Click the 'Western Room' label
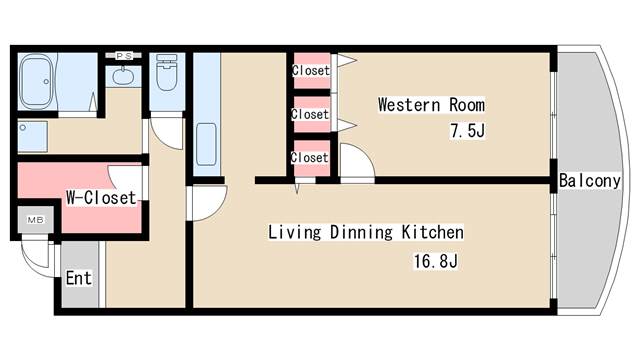click(x=431, y=104)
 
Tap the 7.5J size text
click(x=468, y=131)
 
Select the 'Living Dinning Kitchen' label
click(x=366, y=232)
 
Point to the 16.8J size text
click(x=436, y=261)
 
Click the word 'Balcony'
click(x=589, y=181)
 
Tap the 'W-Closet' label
click(x=101, y=198)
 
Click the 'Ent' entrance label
click(x=79, y=278)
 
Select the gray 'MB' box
click(x=36, y=220)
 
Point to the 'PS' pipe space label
click(x=124, y=56)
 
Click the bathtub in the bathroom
click(x=37, y=82)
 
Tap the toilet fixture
click(x=167, y=73)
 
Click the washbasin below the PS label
click(x=123, y=76)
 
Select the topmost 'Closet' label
click(x=311, y=71)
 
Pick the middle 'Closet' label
click(x=310, y=114)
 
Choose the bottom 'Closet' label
click(x=310, y=158)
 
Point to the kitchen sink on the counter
click(x=207, y=144)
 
